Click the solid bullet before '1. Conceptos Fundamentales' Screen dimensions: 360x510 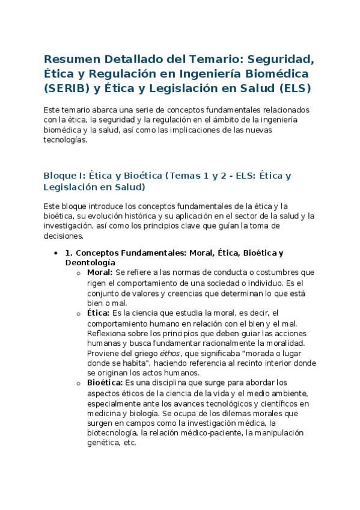pos(56,253)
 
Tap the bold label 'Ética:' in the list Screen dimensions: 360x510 pos(99,313)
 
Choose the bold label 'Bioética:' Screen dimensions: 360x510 pos(105,382)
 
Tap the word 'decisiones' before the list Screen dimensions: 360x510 pos(63,236)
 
